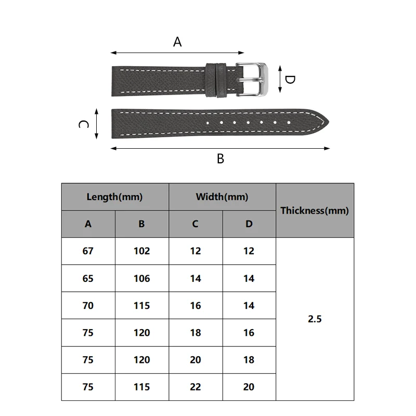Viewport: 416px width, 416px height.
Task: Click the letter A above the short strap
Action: tap(177, 42)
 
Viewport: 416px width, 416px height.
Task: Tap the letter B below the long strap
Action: tap(220, 159)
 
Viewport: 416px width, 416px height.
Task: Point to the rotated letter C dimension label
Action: tap(84, 124)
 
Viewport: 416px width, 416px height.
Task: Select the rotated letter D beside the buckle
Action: tap(290, 80)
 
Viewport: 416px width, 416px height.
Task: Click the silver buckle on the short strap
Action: tap(252, 80)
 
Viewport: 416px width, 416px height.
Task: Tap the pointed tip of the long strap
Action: tap(329, 122)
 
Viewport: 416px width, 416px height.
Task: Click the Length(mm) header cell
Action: tap(115, 197)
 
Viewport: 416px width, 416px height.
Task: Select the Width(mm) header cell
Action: tap(222, 197)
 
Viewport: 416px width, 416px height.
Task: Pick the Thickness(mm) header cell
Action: tap(315, 211)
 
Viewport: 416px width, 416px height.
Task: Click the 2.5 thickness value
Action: tap(315, 319)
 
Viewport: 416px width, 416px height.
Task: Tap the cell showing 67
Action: tap(88, 251)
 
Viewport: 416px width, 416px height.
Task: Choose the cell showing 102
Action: tap(142, 251)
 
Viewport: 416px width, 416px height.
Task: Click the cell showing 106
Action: tap(142, 279)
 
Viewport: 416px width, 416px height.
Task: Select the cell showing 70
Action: tap(88, 306)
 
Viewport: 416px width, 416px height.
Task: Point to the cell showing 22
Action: tap(196, 387)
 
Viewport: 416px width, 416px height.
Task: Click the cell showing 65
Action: tap(88, 279)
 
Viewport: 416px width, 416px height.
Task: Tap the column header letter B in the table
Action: tap(141, 224)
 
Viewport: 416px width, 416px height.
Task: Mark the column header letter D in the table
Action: tap(249, 224)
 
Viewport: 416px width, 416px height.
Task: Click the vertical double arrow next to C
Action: tap(97, 124)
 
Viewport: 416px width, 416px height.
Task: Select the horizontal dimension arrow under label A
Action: tap(177, 53)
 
